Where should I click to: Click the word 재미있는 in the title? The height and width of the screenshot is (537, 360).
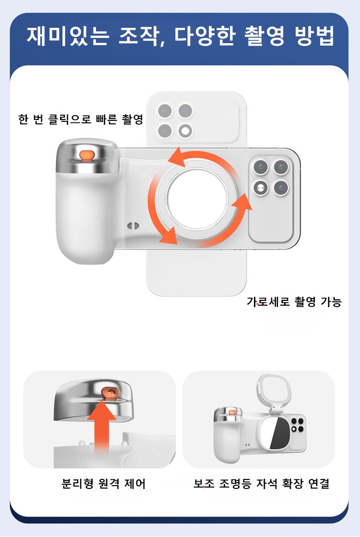point(68,36)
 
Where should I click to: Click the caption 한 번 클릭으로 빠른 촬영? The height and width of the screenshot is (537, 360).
point(81,119)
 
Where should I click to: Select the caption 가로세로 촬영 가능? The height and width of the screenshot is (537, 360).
point(294,302)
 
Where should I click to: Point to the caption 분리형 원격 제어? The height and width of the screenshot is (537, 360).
point(103,484)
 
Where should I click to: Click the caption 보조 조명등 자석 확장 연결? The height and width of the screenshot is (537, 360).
point(261,484)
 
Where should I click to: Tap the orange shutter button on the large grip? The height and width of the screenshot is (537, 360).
point(87,155)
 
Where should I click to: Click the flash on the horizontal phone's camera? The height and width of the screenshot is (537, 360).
point(261,188)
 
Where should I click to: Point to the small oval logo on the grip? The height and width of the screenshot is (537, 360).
point(133,226)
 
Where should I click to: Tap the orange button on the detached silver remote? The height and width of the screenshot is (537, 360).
point(109,393)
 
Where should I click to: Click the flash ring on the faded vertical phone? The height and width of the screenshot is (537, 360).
point(185,131)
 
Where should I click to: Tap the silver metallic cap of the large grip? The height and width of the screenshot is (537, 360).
point(87,156)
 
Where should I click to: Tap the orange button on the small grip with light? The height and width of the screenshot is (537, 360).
point(232,413)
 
